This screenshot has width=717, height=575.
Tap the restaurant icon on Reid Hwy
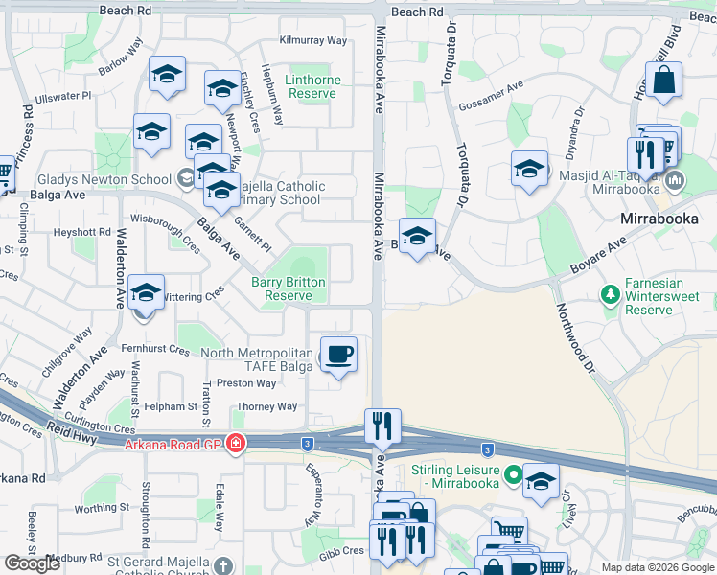382,427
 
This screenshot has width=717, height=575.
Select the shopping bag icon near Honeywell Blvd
663,81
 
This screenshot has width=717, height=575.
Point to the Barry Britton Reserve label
289,289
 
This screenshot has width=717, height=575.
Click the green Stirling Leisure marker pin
513,473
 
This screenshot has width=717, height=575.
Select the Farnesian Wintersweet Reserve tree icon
607,292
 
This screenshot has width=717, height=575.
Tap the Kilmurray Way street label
312,40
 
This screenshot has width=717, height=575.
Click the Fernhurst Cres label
154,349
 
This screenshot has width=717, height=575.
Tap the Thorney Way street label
266,406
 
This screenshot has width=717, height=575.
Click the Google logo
33,563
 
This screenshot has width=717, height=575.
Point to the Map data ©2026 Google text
657,567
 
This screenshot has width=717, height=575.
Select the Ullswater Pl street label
62,97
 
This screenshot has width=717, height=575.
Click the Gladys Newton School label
105,179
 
